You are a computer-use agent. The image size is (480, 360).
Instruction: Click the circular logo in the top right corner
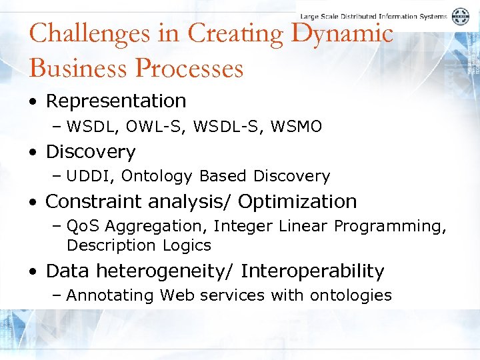[461, 17]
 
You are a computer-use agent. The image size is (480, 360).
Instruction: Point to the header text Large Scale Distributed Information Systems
[374, 16]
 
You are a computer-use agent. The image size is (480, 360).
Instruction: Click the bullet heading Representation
[115, 101]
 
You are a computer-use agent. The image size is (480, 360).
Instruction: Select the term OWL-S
[145, 126]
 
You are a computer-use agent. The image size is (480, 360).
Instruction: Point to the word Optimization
[297, 201]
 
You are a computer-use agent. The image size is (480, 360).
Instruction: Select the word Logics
[187, 245]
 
